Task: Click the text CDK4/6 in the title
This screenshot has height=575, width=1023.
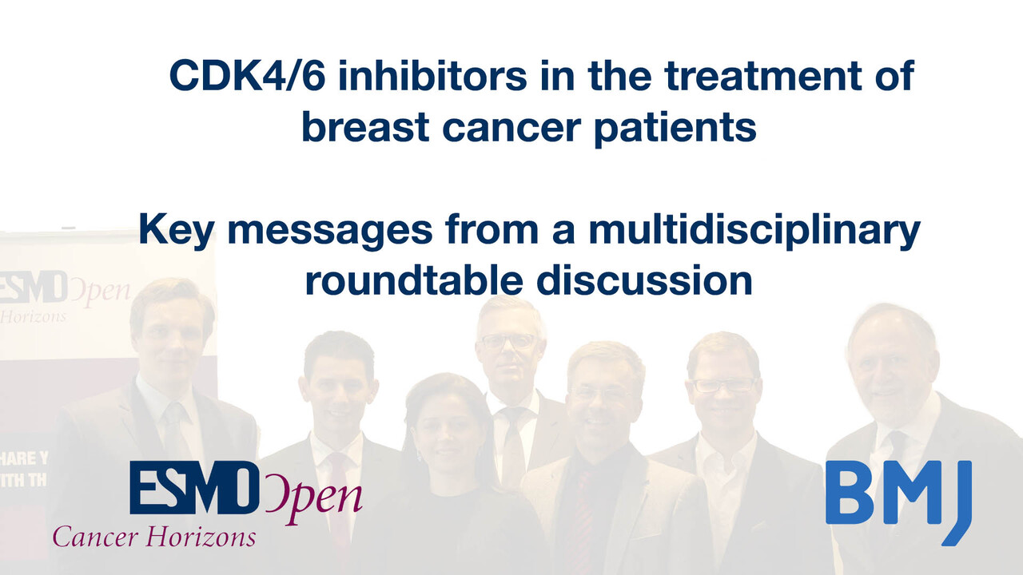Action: click(247, 76)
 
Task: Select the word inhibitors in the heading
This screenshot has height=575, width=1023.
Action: click(433, 75)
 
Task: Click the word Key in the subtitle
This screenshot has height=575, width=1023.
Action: click(176, 232)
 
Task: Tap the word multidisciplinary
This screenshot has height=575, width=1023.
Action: click(754, 232)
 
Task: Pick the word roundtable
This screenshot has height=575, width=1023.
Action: click(414, 280)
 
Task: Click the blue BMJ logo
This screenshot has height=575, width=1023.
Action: click(898, 502)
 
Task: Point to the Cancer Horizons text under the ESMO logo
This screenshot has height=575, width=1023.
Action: click(154, 536)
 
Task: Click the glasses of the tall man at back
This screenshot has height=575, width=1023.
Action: click(508, 340)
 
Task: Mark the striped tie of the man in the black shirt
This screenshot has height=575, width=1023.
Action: click(583, 516)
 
